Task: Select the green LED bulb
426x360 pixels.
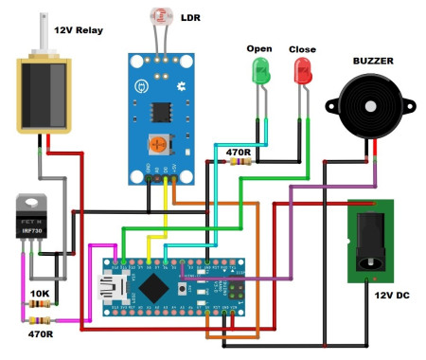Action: (258, 70)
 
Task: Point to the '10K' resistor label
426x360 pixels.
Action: (39, 294)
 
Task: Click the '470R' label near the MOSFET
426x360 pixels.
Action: (39, 333)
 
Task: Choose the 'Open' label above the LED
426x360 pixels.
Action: (258, 48)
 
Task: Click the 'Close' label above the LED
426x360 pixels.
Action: (302, 48)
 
